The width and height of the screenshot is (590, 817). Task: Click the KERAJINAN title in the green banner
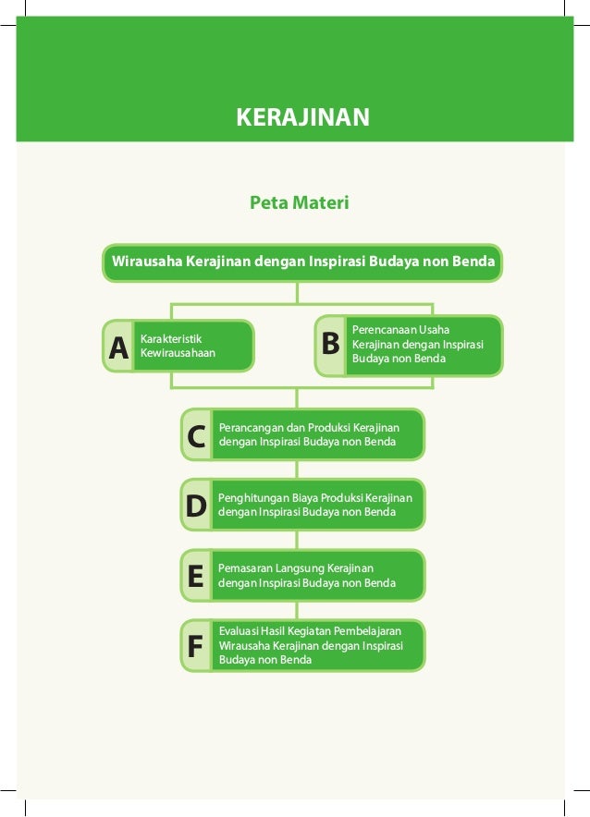click(x=303, y=117)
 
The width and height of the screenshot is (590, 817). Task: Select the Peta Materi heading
click(x=300, y=202)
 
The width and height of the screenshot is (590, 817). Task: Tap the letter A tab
click(x=117, y=348)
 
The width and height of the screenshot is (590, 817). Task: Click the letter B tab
click(x=330, y=345)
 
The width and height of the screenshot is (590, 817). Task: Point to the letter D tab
click(x=196, y=506)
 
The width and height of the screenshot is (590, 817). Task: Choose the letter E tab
click(x=195, y=577)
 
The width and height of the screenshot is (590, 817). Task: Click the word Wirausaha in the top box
click(x=147, y=262)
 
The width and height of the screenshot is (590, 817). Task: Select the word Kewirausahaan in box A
click(x=178, y=353)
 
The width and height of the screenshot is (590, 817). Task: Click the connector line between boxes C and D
click(x=297, y=469)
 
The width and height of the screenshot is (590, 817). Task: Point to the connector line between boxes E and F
click(x=297, y=610)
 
